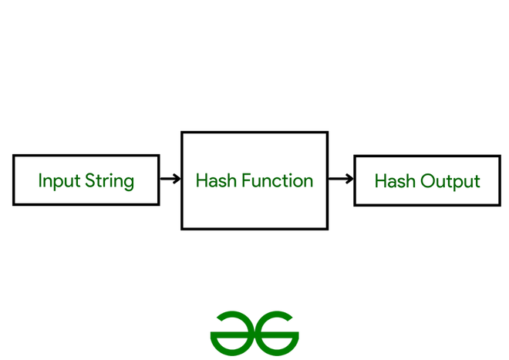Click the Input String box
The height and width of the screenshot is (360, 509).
pyautogui.click(x=86, y=180)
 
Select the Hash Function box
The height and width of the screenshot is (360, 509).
pyautogui.click(x=254, y=180)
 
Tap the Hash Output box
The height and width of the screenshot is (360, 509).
pyautogui.click(x=426, y=180)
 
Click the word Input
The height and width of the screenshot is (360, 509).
pyautogui.click(x=59, y=182)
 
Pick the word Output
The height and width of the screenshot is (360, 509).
pyautogui.click(x=450, y=182)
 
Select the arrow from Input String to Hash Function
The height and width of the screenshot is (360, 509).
pyautogui.click(x=170, y=180)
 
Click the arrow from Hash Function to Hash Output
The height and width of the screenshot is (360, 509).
pyautogui.click(x=341, y=180)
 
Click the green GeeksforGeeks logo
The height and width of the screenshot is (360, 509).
pyautogui.click(x=254, y=330)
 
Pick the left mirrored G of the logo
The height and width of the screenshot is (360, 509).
pyautogui.click(x=232, y=330)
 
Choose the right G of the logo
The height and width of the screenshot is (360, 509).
pyautogui.click(x=277, y=330)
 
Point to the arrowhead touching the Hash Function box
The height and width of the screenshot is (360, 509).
pyautogui.click(x=177, y=180)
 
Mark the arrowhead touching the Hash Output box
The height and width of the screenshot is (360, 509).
pyautogui.click(x=349, y=180)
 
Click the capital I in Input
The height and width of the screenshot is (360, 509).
pyautogui.click(x=41, y=181)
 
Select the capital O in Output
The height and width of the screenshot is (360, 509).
pyautogui.click(x=428, y=182)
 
